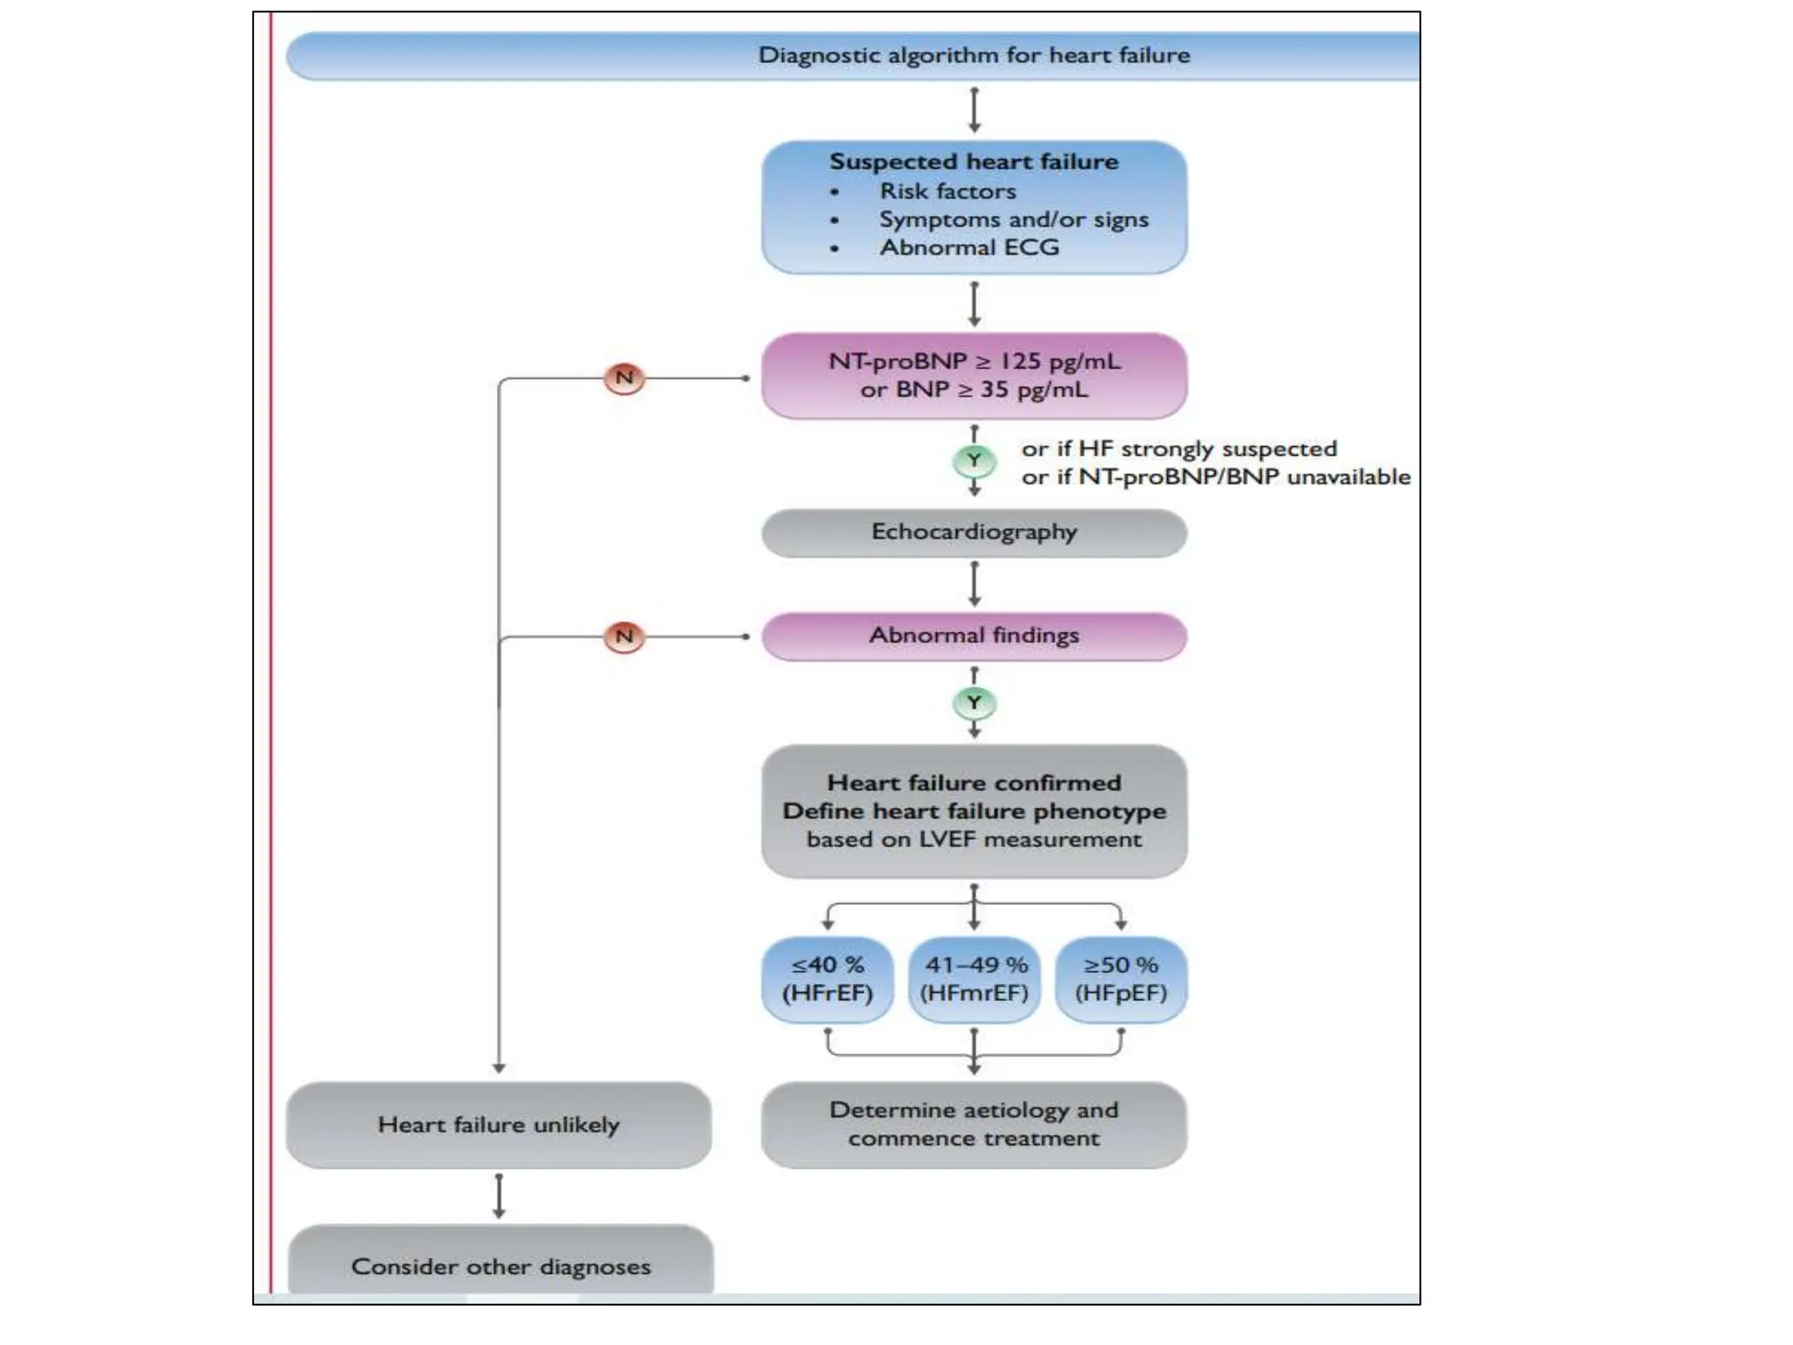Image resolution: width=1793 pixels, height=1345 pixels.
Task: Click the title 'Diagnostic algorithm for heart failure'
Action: point(974,55)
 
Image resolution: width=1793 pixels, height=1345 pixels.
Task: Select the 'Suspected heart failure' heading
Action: point(974,162)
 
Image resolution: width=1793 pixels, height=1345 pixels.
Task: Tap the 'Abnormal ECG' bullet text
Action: point(969,248)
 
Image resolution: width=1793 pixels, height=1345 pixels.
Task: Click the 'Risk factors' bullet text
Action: point(947,191)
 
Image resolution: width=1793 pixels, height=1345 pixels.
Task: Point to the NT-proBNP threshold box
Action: point(974,376)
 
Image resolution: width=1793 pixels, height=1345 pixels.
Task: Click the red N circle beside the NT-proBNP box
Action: point(624,378)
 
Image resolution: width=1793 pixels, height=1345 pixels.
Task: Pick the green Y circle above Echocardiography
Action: point(974,460)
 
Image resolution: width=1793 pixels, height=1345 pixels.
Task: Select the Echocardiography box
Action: point(974,532)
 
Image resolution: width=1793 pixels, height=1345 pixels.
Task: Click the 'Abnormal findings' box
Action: point(974,636)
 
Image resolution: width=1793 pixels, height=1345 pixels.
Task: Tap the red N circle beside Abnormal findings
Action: point(624,637)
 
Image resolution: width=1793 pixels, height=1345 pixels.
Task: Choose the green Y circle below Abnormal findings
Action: point(974,702)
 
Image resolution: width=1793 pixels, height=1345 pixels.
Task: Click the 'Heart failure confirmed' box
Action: point(974,811)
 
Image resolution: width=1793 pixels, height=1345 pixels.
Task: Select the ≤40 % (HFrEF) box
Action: point(827,979)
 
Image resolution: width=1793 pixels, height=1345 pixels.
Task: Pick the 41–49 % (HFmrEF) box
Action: point(974,979)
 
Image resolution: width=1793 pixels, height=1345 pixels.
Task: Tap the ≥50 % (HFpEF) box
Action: point(1121,979)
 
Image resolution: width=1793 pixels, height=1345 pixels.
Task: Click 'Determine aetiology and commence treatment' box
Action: point(974,1124)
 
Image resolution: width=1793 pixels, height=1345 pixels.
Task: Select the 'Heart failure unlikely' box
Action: point(498,1125)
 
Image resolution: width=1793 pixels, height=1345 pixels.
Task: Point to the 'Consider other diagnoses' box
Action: point(501,1266)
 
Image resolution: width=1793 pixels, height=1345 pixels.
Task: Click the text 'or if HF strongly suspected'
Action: point(1178,449)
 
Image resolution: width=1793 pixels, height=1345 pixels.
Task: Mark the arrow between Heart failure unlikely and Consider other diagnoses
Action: point(498,1196)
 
